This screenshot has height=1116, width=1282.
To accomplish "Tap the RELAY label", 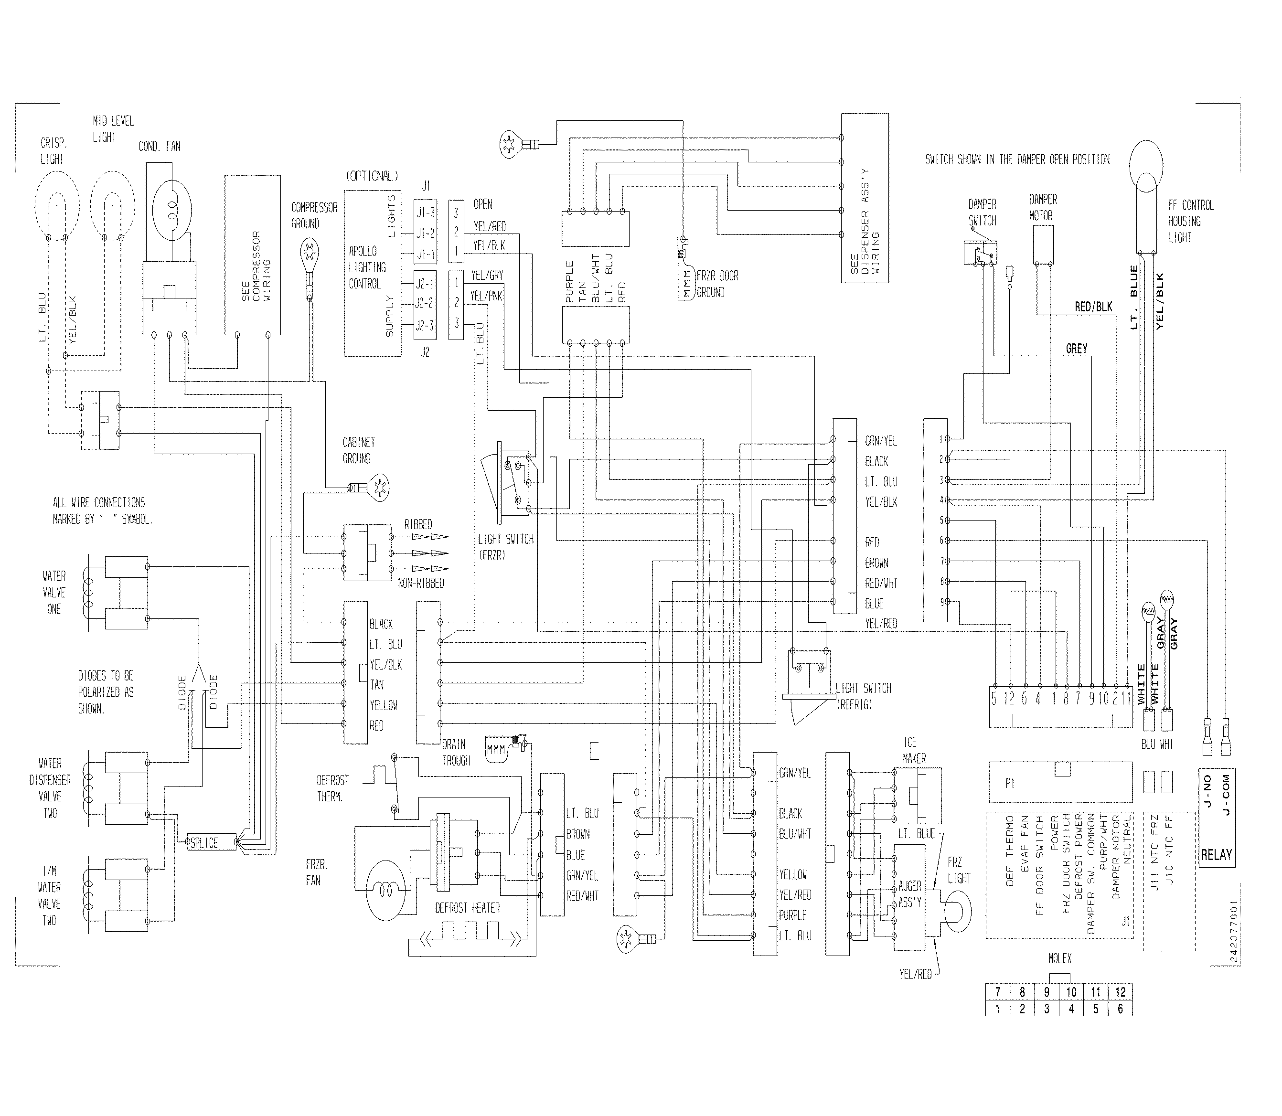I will [1216, 854].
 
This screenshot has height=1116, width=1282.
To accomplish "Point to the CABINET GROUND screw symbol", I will [378, 485].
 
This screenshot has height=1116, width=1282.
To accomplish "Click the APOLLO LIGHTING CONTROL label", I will [367, 267].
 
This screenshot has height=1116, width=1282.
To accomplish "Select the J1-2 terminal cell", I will [426, 233].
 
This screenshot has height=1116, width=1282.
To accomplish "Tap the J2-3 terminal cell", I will [426, 326].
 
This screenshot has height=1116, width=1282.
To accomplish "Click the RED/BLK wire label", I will [1093, 307].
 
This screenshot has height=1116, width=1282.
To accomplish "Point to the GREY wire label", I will [1077, 349].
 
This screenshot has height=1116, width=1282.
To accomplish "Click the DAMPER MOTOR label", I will [1043, 207].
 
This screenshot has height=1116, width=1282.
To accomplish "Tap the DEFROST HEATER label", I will [467, 908].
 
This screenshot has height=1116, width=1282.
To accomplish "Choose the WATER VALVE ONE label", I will [54, 592].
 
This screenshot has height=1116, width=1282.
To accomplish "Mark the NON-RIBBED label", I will [421, 583].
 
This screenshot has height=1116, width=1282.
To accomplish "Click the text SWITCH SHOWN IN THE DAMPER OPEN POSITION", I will [1017, 159].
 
